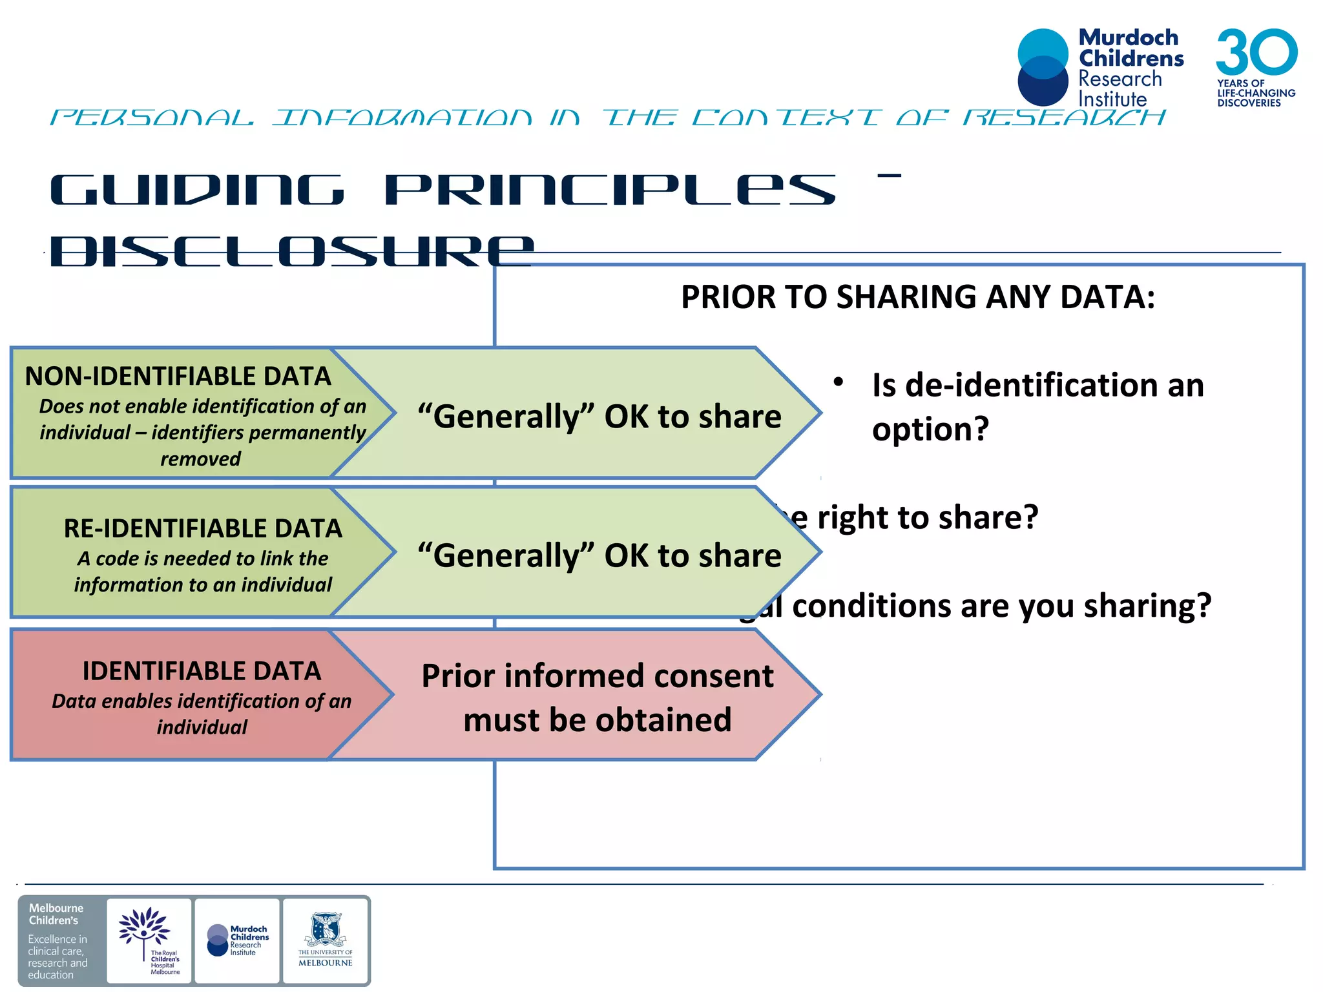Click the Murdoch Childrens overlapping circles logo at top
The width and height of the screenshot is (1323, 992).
click(x=1043, y=67)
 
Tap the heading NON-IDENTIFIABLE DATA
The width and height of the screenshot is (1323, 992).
click(x=178, y=377)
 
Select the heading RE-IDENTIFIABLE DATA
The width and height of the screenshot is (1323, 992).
click(x=203, y=529)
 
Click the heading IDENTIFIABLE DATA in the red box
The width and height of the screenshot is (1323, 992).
click(x=202, y=672)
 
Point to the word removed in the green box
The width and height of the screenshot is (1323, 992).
click(x=200, y=459)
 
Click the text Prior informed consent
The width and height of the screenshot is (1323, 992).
click(x=598, y=677)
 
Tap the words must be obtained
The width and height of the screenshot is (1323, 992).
click(x=598, y=720)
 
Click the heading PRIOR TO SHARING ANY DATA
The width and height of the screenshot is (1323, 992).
click(x=917, y=298)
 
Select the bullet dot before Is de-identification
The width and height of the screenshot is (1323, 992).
click(x=838, y=382)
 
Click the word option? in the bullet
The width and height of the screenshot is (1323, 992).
click(x=930, y=429)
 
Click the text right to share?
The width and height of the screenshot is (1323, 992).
click(x=927, y=518)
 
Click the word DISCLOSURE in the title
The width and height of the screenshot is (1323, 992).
click(x=291, y=251)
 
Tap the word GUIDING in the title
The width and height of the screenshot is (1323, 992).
click(x=197, y=191)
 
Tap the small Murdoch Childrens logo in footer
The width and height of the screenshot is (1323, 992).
click(x=237, y=940)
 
